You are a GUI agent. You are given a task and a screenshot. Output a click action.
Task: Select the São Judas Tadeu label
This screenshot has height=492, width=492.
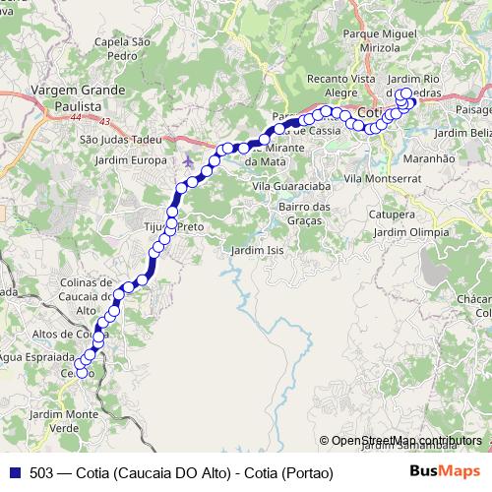(120, 140)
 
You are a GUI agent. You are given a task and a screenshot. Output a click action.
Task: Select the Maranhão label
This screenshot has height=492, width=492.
(427, 157)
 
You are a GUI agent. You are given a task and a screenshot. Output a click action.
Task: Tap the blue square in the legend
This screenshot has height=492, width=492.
(13, 472)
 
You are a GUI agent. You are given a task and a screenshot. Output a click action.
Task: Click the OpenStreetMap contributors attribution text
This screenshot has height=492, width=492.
(406, 441)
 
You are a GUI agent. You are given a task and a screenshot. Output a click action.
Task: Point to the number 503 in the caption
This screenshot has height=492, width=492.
(41, 473)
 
